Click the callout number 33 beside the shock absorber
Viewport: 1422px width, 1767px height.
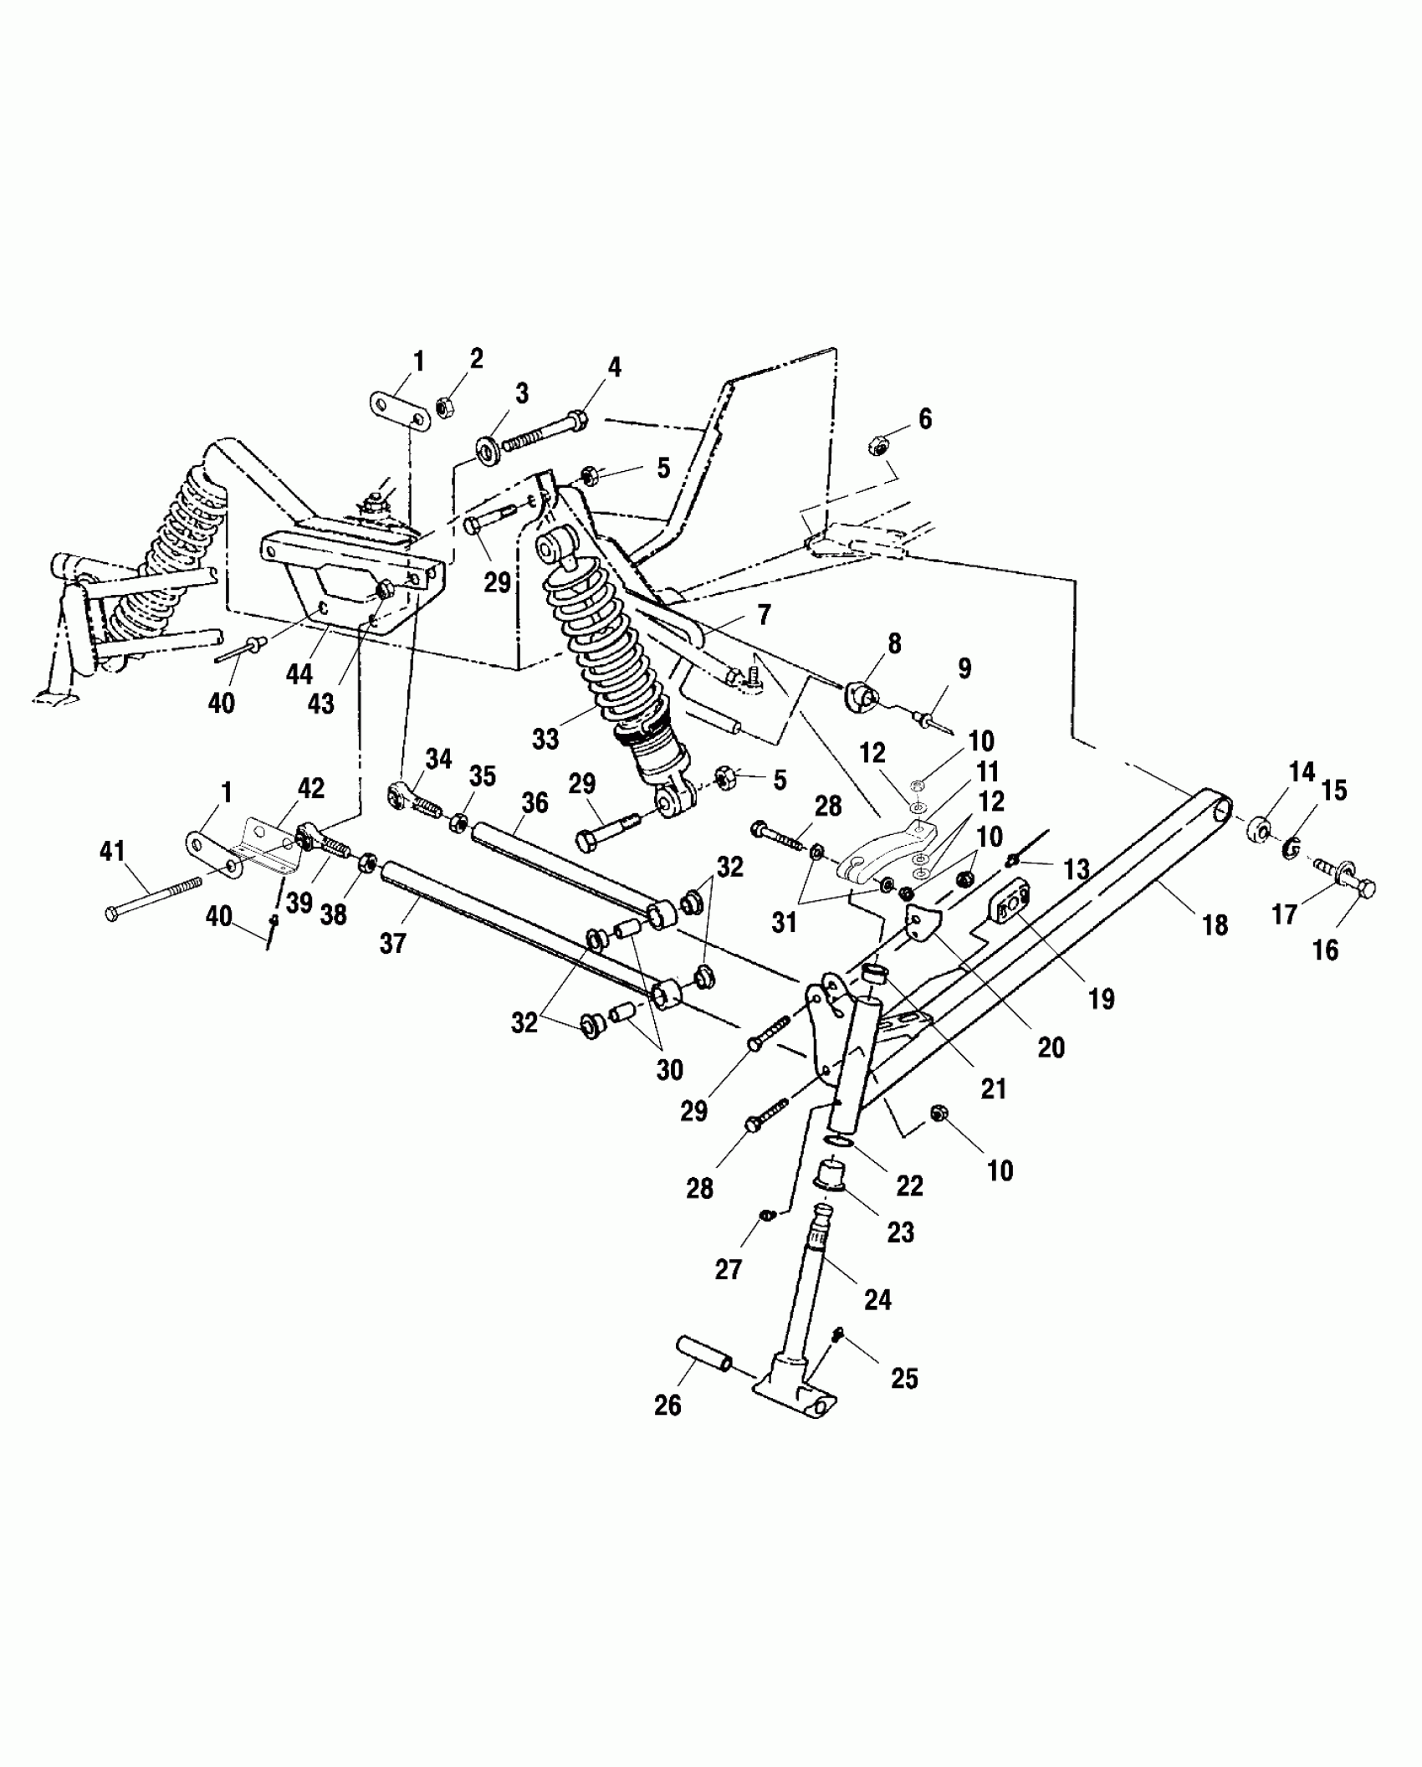coord(545,740)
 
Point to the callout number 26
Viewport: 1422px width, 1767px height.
coord(668,1405)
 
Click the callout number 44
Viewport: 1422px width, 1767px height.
coord(299,674)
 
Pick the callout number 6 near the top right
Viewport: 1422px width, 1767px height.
coord(925,418)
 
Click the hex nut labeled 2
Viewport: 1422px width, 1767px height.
coord(445,408)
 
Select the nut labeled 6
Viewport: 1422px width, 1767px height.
coord(880,444)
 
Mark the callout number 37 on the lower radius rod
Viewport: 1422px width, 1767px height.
coord(392,943)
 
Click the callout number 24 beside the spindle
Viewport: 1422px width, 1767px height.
coord(878,1299)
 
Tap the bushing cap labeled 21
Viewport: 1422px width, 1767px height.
coord(875,973)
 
